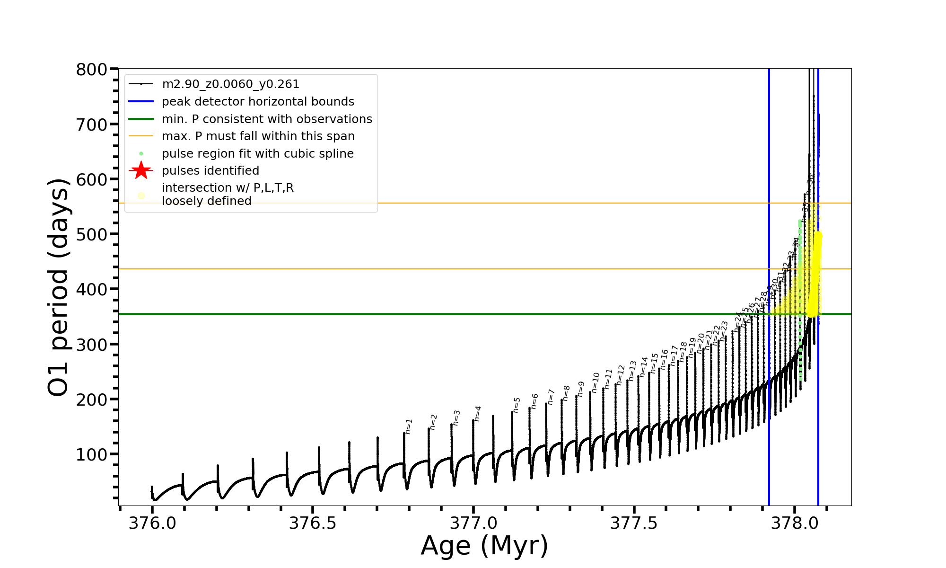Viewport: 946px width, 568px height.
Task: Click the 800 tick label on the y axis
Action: coord(92,70)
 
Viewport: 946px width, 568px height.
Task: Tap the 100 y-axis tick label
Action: coord(92,454)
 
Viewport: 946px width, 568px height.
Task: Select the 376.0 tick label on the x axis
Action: coord(152,523)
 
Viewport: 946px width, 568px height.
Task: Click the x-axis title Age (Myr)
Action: coord(484,546)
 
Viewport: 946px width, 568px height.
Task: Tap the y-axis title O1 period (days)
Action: coord(59,287)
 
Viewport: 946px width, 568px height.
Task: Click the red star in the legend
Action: coord(141,170)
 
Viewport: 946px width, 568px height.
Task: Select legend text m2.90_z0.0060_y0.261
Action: coord(230,84)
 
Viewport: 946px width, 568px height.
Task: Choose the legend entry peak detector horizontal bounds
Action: coord(258,102)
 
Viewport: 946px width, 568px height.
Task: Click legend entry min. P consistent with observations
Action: coord(267,119)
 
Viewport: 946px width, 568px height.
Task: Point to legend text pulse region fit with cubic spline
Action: coord(257,154)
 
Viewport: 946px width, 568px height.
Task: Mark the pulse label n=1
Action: coord(409,426)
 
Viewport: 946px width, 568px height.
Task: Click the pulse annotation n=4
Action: coord(478,413)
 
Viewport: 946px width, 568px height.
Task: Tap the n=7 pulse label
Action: coord(551,397)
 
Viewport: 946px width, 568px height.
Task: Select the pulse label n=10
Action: coord(596,382)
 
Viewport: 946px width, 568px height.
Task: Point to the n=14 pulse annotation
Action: coord(644,367)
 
